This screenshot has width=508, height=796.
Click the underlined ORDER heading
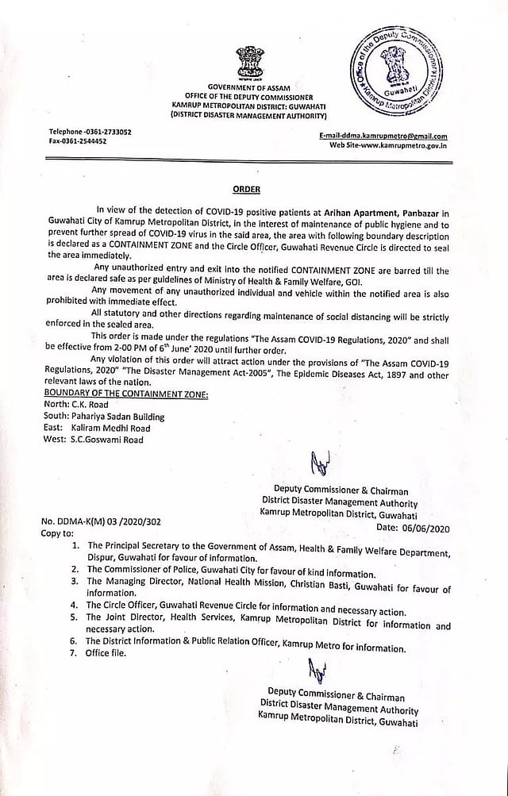[246, 190]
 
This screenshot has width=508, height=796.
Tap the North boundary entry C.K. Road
[89, 405]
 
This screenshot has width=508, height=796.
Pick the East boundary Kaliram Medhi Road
[110, 428]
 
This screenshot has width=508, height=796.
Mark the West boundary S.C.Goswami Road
[107, 439]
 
